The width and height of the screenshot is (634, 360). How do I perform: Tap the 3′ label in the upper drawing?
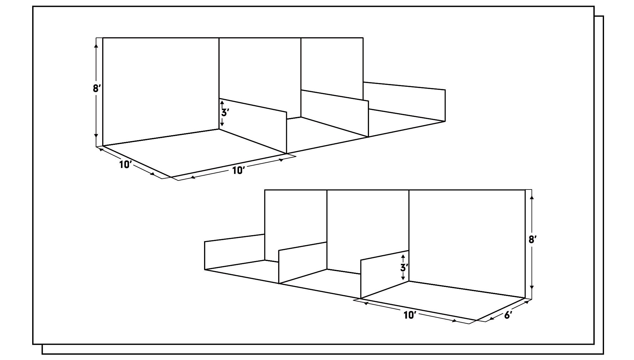(x=225, y=112)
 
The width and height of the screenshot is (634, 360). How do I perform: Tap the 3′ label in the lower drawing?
(x=405, y=267)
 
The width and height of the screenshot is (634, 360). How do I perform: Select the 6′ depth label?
(x=508, y=315)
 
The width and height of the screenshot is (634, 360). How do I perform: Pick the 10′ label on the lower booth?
(x=410, y=315)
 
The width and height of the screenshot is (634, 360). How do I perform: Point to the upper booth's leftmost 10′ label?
(x=126, y=165)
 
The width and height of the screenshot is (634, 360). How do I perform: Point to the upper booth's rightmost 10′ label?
(x=238, y=170)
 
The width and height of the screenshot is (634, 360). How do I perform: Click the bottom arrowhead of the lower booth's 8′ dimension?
(x=532, y=288)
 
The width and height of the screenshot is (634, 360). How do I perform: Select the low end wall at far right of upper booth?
(x=404, y=101)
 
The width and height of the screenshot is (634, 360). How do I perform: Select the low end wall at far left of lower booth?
(x=235, y=251)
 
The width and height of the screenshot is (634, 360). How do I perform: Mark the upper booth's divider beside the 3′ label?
(x=253, y=126)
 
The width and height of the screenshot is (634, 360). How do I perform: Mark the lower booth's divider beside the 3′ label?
(x=385, y=274)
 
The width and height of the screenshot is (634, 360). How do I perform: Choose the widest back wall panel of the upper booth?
(x=161, y=91)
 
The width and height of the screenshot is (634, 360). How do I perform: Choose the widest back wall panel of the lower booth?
(x=467, y=244)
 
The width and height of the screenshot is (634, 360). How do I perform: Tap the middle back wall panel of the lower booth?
(x=368, y=231)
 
